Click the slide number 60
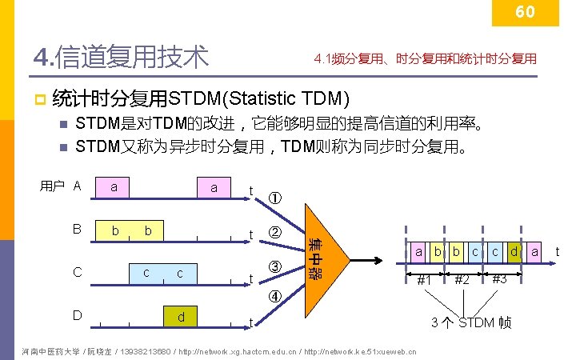click(x=525, y=12)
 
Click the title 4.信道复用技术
click(x=121, y=57)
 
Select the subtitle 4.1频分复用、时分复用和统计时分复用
click(x=426, y=58)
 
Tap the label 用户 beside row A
click(x=52, y=186)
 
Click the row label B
click(x=77, y=229)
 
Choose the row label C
click(x=77, y=272)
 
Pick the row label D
click(x=77, y=314)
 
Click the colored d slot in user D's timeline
click(x=181, y=317)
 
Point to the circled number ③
click(x=274, y=266)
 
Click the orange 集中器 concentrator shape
click(x=324, y=256)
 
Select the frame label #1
click(x=426, y=281)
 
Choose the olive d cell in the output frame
click(x=514, y=253)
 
